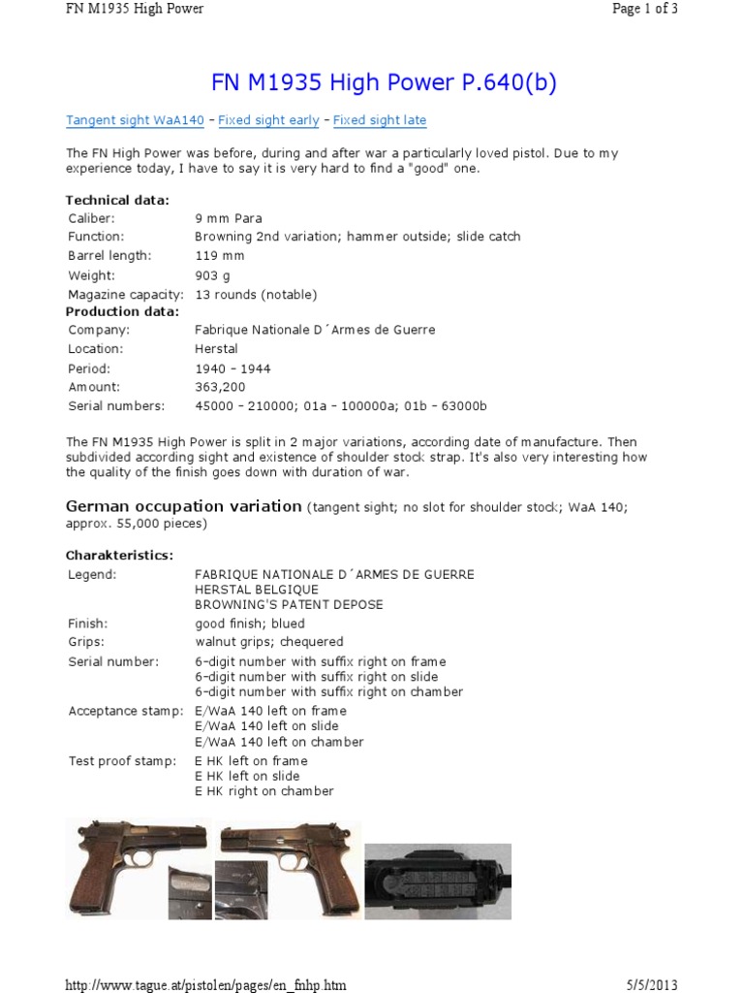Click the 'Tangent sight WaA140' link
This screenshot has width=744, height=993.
[x=135, y=120]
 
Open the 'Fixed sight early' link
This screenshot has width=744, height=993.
[x=268, y=120]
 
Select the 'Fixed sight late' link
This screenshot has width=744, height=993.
[x=380, y=120]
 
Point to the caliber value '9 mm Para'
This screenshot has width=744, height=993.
[x=229, y=218]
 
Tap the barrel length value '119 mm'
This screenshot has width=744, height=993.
[x=220, y=256]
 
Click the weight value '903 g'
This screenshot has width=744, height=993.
[x=215, y=275]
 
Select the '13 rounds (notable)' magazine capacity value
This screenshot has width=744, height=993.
[x=256, y=295]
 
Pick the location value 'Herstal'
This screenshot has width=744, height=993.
[x=216, y=349]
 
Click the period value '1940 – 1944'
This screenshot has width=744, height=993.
[x=232, y=368]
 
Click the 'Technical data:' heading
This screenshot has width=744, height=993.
[x=117, y=200]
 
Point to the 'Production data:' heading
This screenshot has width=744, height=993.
[x=122, y=312]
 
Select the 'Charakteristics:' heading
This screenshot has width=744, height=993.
[x=119, y=556]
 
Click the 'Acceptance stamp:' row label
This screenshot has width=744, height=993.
[x=125, y=711]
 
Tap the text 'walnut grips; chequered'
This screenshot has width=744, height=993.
[x=269, y=642]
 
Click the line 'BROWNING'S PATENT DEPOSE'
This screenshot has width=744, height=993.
[x=289, y=605]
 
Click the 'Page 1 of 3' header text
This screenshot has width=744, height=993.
[x=644, y=10]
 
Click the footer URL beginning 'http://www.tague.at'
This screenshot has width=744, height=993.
[x=205, y=985]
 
